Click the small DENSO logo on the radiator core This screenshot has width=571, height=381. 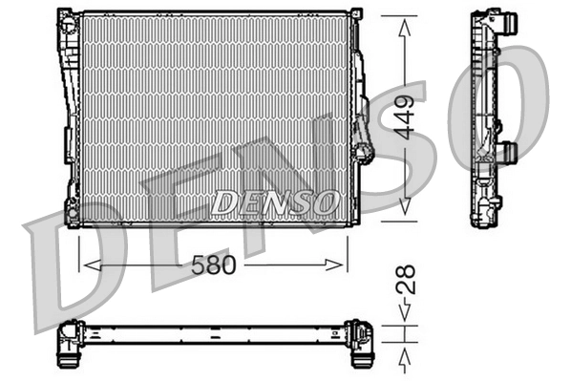[275, 201]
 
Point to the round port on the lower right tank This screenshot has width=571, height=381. [362, 152]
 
